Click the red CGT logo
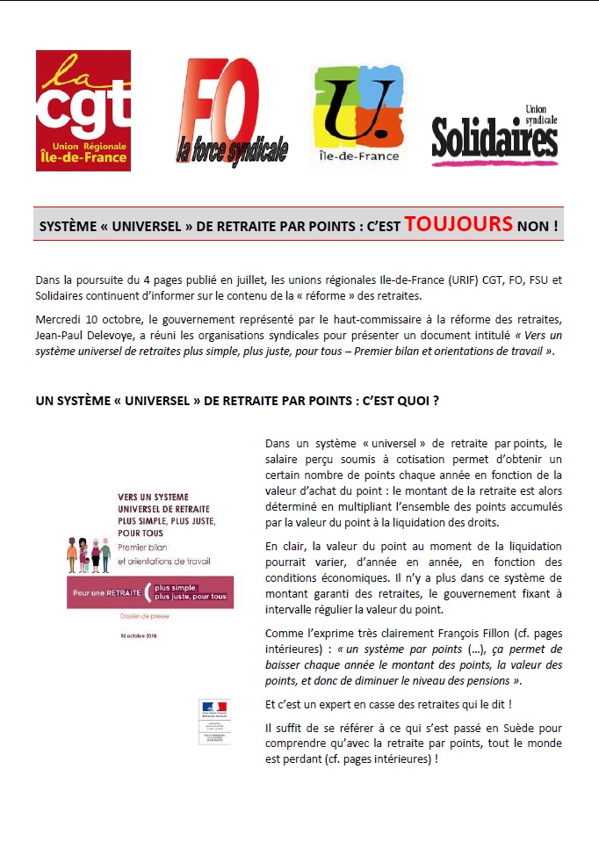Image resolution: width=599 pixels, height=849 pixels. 83,110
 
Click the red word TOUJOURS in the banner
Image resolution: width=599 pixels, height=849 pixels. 458,224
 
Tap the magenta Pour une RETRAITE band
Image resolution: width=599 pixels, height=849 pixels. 149,592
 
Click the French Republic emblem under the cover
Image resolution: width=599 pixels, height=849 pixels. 213,707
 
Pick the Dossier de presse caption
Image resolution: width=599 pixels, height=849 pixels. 144,616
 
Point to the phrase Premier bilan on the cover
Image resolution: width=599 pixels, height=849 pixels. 141,548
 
